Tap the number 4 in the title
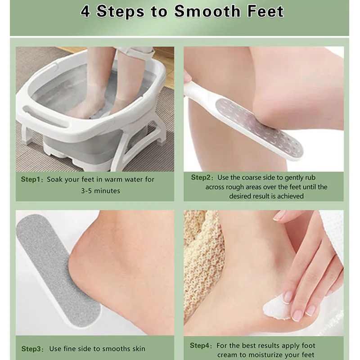point(85,11)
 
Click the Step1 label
point(31,179)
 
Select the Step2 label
point(202,177)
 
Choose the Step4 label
point(200,346)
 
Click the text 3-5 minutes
point(100,191)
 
